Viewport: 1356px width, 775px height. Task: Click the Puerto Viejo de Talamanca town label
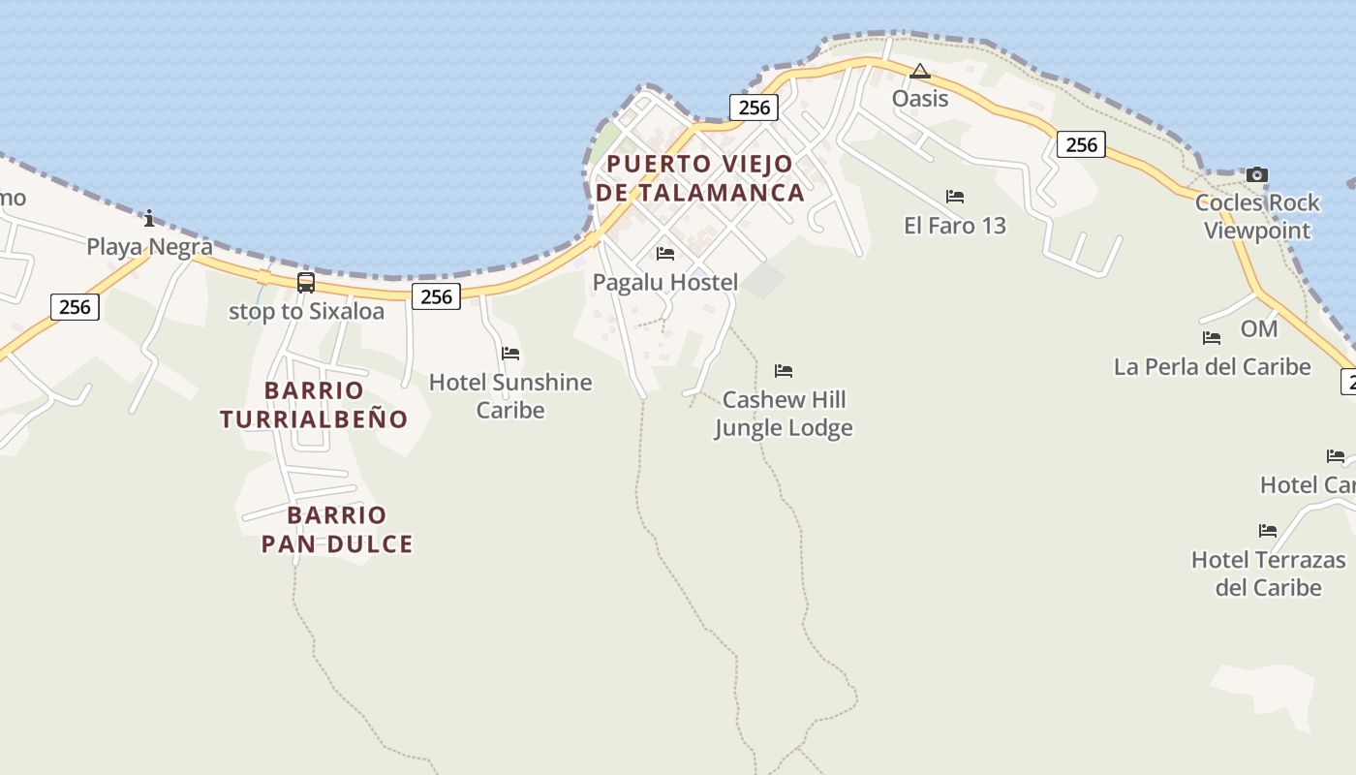click(699, 178)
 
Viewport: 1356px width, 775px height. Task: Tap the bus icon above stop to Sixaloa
click(306, 283)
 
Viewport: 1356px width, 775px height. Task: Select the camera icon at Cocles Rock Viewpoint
click(1256, 174)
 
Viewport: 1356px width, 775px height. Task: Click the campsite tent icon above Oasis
click(920, 71)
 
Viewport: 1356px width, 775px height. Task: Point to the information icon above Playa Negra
click(149, 218)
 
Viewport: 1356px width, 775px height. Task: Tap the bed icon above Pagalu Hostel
click(665, 254)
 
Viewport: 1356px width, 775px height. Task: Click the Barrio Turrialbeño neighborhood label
click(314, 405)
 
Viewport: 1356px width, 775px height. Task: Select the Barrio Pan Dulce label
click(337, 530)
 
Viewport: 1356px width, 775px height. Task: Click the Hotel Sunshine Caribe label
click(510, 395)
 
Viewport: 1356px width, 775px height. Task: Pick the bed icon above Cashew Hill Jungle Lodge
click(784, 370)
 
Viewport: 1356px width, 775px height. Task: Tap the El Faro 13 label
click(954, 226)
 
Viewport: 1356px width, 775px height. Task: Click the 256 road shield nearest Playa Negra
click(75, 307)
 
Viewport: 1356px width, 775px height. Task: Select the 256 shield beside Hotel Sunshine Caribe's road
click(436, 296)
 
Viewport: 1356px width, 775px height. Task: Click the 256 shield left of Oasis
click(754, 108)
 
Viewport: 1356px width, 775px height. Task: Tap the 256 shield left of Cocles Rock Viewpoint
click(1081, 145)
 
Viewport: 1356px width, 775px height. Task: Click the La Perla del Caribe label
click(1212, 367)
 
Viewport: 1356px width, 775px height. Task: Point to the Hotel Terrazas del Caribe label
click(1268, 573)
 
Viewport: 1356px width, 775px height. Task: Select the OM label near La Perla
click(1259, 329)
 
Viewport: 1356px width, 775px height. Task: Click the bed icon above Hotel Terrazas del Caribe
click(1268, 530)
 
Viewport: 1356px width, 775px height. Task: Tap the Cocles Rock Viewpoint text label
click(1257, 216)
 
